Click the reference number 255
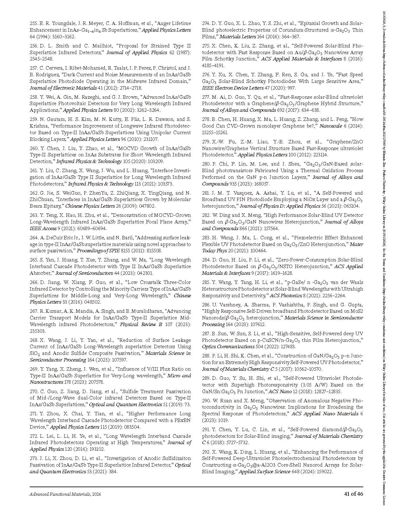point(34,23)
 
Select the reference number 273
point(34,458)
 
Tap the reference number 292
point(206,452)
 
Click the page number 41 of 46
point(354,494)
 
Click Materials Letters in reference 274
point(233,37)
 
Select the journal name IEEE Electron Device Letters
point(233,88)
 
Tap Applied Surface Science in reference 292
point(264,472)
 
